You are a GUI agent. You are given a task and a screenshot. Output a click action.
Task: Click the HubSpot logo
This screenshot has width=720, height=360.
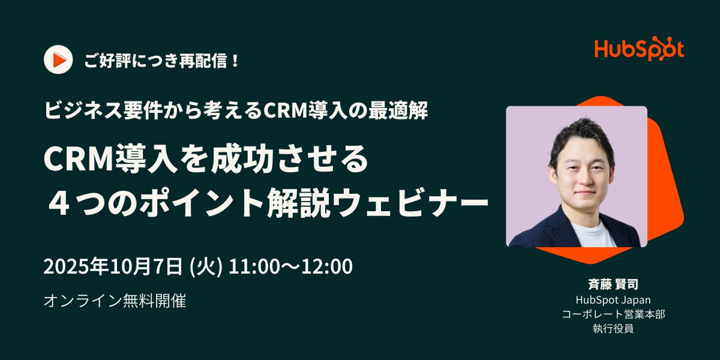(x=639, y=50)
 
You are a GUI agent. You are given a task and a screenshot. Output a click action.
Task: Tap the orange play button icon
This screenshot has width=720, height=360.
(x=58, y=60)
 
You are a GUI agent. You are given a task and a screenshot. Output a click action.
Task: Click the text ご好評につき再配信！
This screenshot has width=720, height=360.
(x=162, y=61)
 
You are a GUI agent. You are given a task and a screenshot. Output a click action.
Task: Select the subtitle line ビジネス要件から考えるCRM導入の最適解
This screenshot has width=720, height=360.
(x=236, y=111)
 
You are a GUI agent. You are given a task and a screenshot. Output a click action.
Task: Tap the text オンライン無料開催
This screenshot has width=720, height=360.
(x=115, y=301)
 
